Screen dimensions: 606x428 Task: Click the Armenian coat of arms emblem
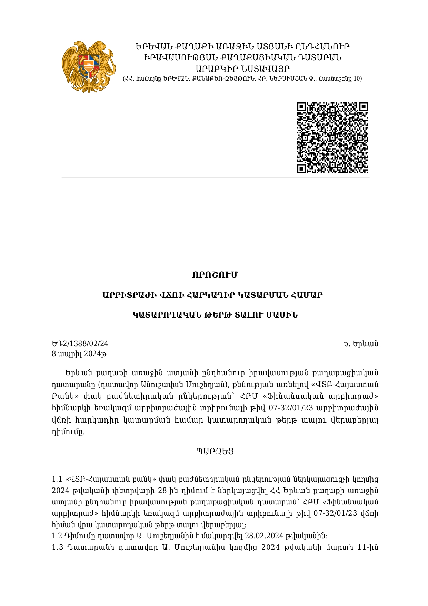(89, 66)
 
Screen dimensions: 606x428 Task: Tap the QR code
(332, 138)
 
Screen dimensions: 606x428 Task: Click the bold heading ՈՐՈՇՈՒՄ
(215, 275)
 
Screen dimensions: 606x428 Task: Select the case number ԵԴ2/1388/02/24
(80, 343)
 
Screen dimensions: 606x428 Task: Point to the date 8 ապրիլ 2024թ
(79, 354)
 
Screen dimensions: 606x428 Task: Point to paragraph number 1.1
(57, 479)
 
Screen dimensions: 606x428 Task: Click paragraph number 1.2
(57, 536)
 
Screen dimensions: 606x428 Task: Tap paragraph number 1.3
(57, 547)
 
